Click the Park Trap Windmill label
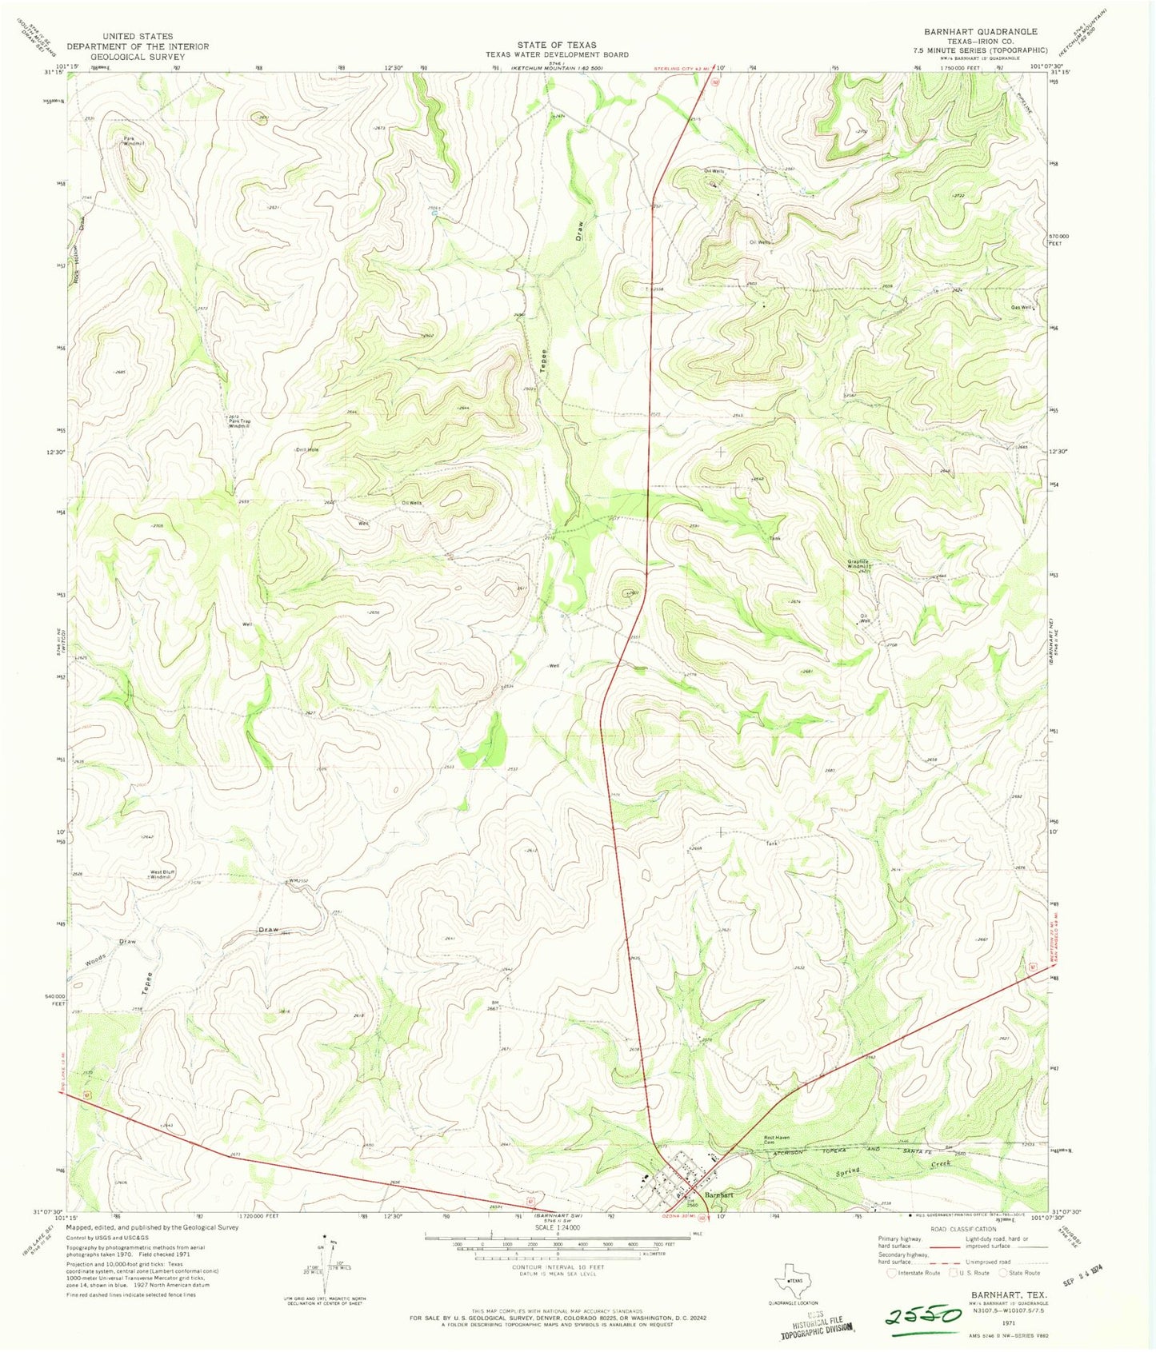[238, 422]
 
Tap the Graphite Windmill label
[864, 564]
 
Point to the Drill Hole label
[307, 450]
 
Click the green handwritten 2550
[922, 1315]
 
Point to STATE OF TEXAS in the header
[557, 45]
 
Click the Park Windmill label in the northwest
[133, 141]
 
